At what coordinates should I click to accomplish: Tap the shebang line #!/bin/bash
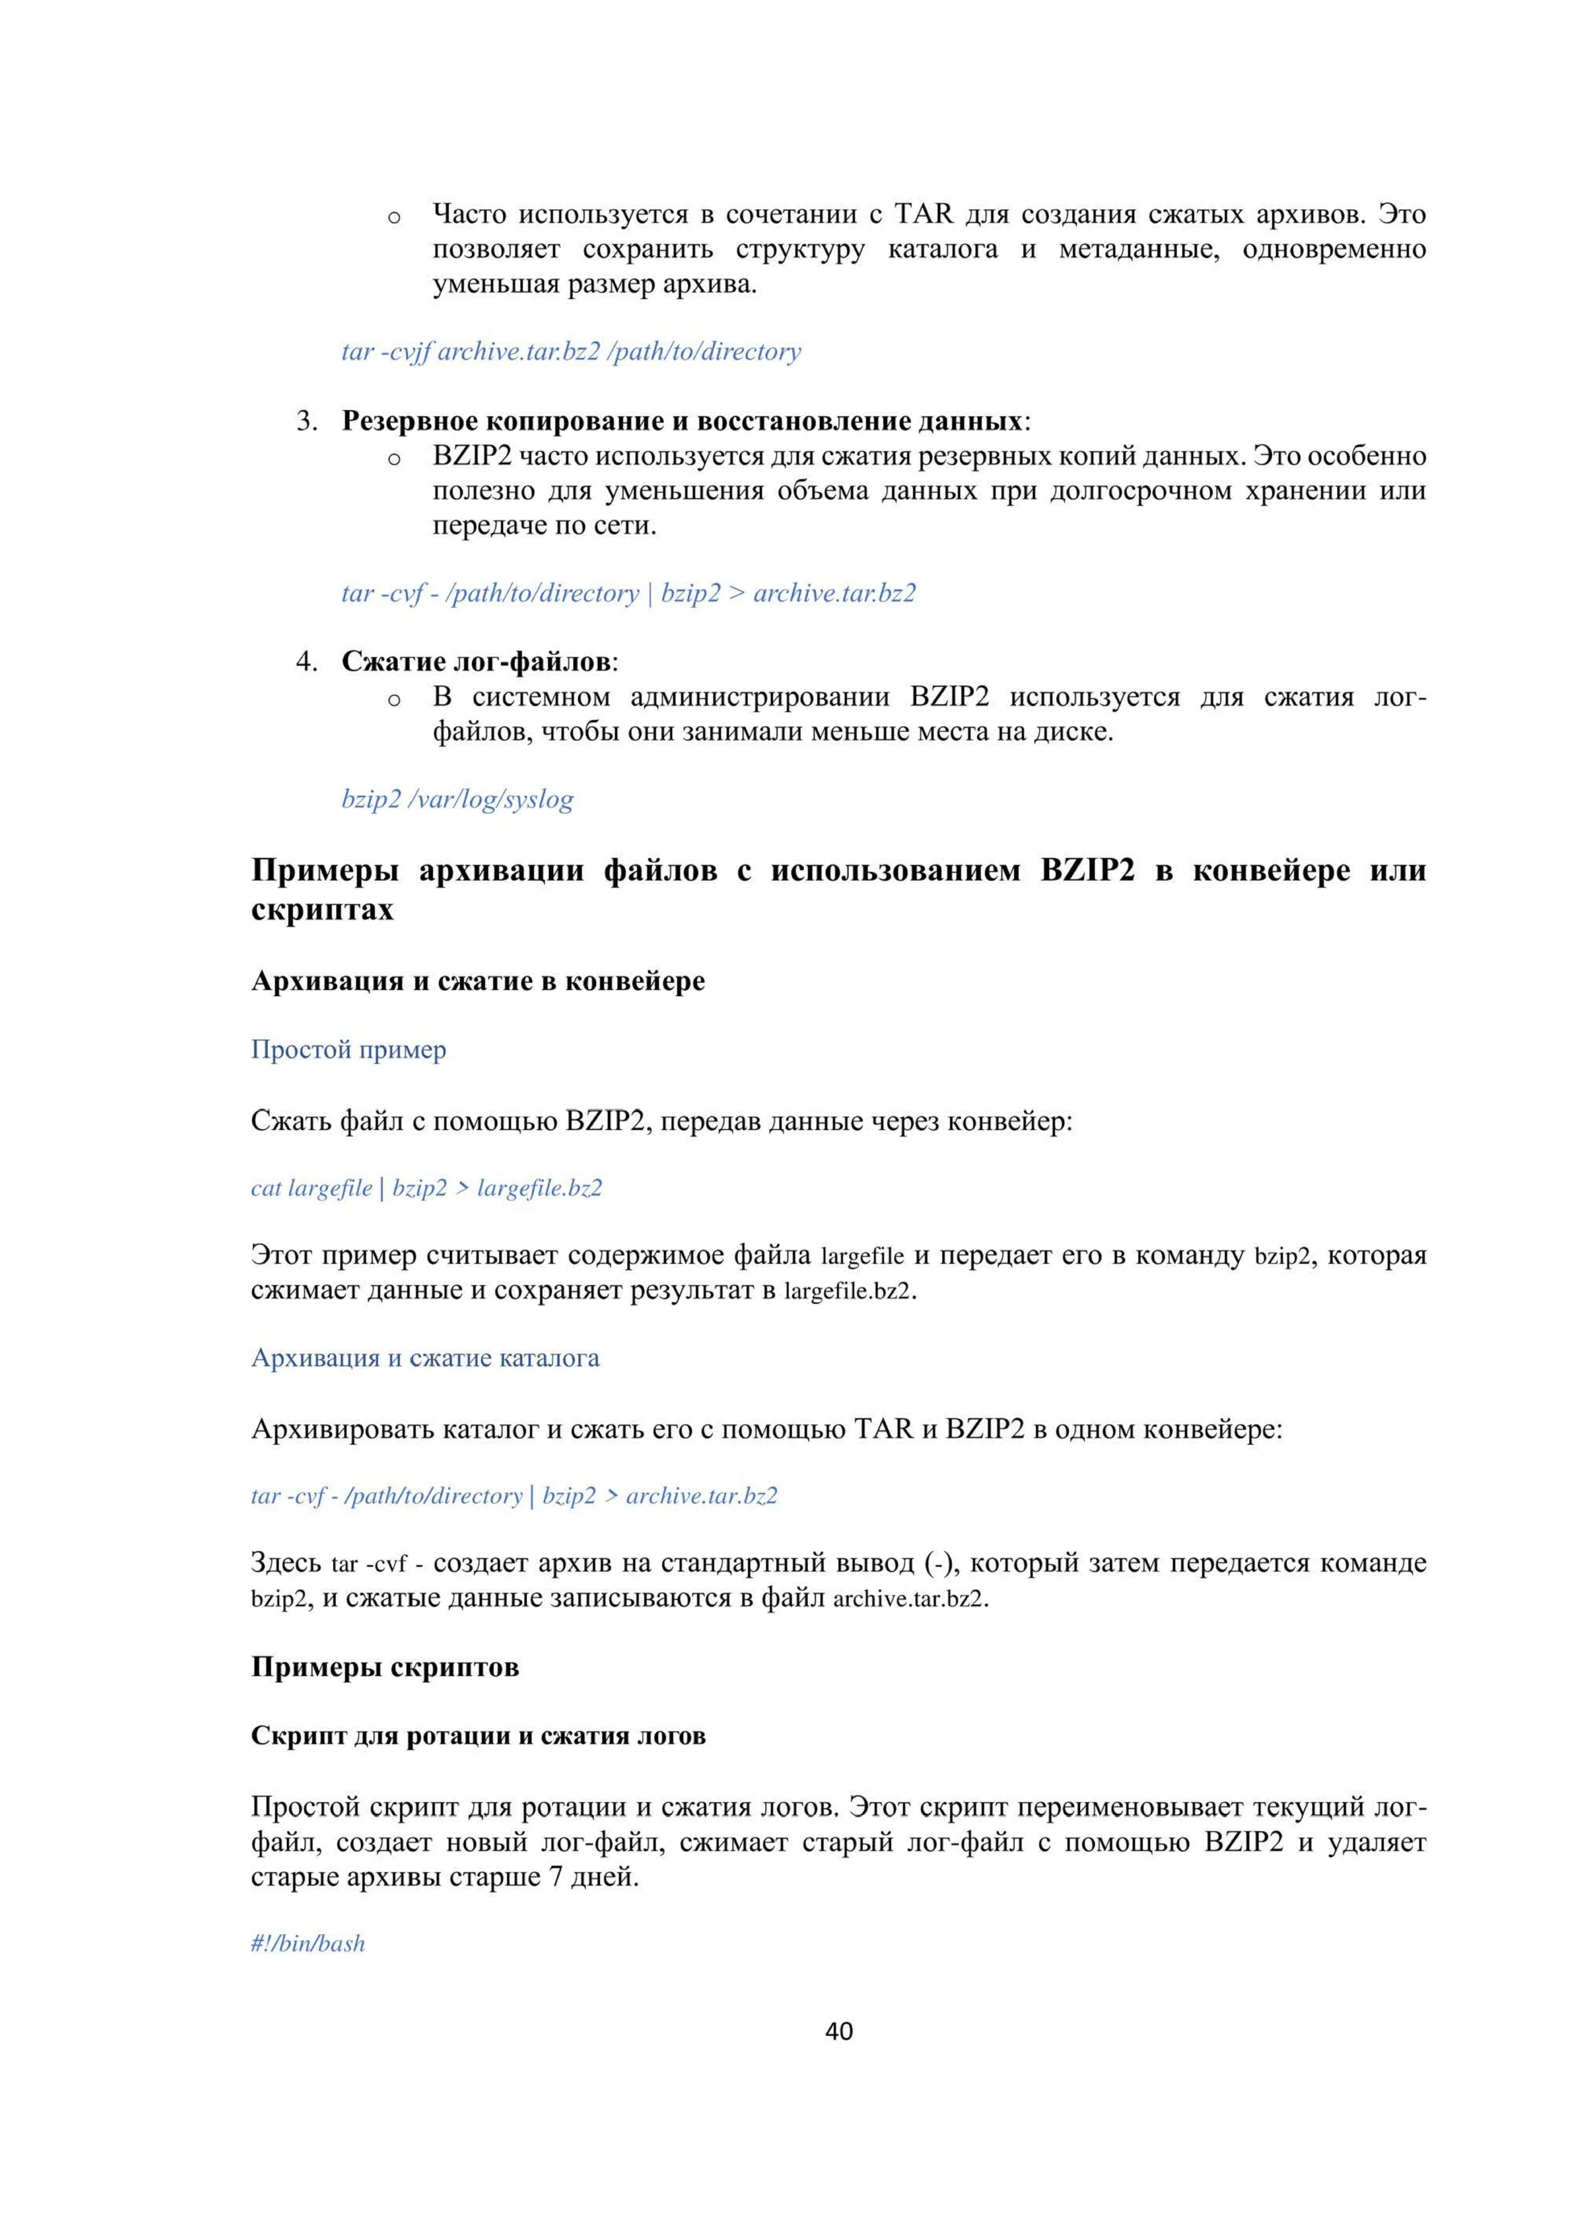click(x=308, y=1943)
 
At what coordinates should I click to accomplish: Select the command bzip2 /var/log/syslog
click(x=457, y=800)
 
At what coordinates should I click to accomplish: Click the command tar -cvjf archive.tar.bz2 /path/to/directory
click(x=571, y=351)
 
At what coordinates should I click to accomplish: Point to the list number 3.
click(x=307, y=422)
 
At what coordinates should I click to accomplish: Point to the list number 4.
click(x=307, y=663)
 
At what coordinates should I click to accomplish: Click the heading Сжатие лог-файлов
click(x=476, y=663)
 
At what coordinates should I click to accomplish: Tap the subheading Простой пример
click(x=349, y=1050)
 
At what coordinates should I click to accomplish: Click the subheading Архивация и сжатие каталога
click(x=425, y=1359)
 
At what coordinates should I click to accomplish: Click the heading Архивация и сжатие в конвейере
click(x=478, y=982)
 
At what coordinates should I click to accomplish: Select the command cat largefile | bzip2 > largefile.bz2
click(x=426, y=1188)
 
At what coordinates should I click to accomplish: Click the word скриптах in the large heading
click(x=322, y=911)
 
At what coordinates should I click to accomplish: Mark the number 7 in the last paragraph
click(x=556, y=1878)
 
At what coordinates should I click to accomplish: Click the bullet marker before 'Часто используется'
click(x=394, y=217)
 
